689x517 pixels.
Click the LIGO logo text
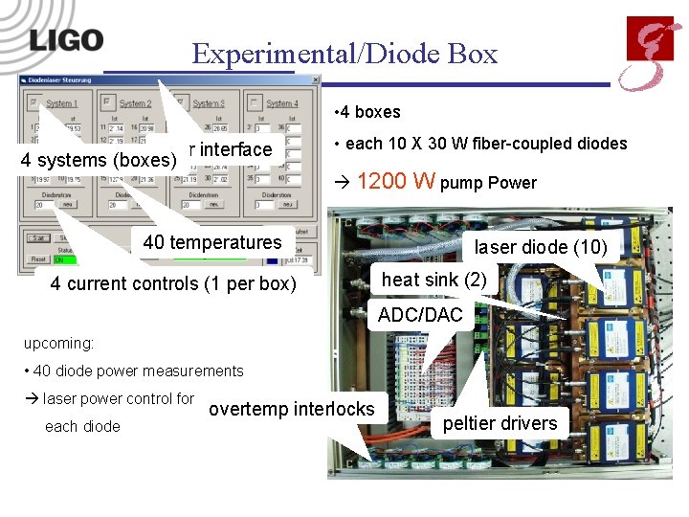click(65, 40)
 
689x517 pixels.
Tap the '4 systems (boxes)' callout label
click(99, 159)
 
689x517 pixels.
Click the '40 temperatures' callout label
click(212, 242)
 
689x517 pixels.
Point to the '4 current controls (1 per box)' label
click(173, 283)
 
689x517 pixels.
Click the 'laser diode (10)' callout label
click(541, 247)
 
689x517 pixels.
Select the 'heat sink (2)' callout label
click(433, 280)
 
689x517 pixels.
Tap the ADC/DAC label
click(420, 315)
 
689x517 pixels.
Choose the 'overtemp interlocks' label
click(292, 409)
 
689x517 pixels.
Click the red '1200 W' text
click(396, 181)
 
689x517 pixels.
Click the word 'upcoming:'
click(59, 342)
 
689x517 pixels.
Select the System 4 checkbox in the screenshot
click(254, 101)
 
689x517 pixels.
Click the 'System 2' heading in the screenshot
click(135, 103)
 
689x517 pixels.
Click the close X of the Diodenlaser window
click(315, 81)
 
